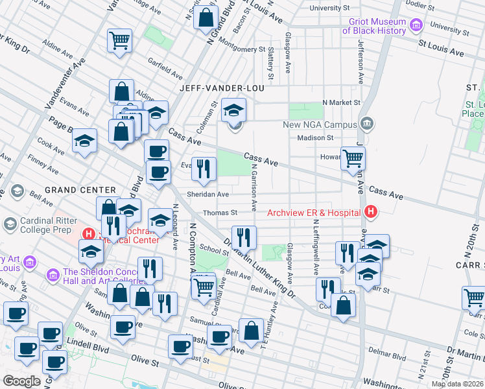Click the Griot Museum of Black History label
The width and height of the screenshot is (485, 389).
[374, 26]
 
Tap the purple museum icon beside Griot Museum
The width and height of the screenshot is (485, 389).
[415, 26]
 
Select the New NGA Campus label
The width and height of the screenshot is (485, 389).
[320, 124]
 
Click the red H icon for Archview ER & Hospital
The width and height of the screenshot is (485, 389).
[371, 211]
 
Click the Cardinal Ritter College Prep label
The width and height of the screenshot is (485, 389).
[50, 224]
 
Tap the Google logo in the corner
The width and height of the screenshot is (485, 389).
[21, 381]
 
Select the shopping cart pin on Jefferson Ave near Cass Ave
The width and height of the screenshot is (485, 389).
[353, 158]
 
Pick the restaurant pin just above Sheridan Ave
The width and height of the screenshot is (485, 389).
[204, 169]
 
